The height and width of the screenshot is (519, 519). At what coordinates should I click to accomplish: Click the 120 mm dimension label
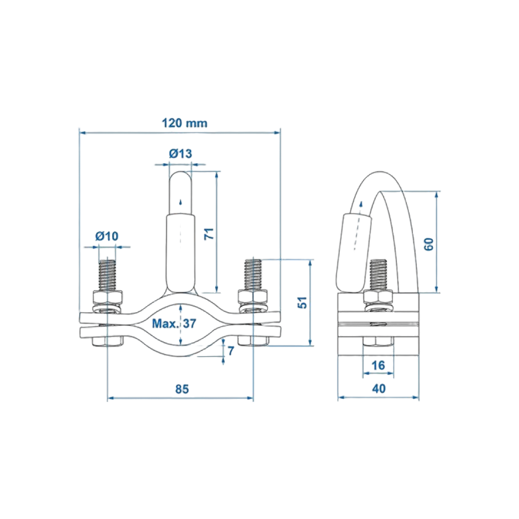point(185,123)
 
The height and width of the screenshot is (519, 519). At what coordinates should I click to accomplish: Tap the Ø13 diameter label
point(180,154)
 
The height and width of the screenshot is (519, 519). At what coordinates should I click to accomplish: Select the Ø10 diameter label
point(107,236)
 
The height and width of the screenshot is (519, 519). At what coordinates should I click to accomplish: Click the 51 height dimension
point(303,302)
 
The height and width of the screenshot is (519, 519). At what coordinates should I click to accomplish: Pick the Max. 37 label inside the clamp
point(174,323)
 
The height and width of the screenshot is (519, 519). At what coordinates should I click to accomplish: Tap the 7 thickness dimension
point(231,351)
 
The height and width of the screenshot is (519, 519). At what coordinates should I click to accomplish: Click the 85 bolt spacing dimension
point(182,389)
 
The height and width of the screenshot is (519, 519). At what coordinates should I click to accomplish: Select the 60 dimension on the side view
point(429,244)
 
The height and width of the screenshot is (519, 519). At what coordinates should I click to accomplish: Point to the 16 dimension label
point(378,365)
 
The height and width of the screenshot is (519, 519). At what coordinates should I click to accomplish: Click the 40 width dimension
point(379,389)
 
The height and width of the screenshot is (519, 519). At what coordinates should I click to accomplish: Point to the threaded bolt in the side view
point(378,275)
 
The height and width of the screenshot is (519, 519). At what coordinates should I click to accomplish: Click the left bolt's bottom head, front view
point(107,342)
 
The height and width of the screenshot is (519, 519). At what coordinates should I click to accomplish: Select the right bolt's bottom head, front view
point(253,341)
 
